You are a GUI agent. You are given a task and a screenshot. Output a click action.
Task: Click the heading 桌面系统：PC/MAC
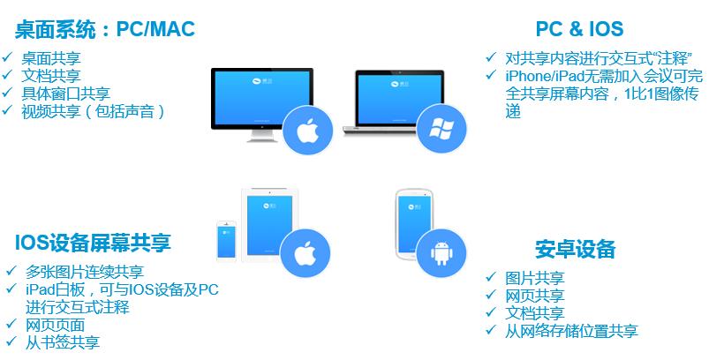[x=104, y=30]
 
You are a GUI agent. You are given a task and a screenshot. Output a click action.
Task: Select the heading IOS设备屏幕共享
[x=93, y=243]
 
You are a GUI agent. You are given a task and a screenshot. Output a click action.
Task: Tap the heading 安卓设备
[x=575, y=248]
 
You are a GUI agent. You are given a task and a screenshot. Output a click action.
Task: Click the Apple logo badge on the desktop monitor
[x=305, y=131]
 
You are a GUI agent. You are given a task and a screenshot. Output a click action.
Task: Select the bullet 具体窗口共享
[x=66, y=94]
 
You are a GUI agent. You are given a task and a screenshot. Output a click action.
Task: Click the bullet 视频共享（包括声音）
[x=93, y=111]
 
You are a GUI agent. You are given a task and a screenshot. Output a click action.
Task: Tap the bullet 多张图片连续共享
[x=85, y=272]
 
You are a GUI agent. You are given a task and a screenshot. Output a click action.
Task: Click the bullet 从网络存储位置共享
[x=572, y=331]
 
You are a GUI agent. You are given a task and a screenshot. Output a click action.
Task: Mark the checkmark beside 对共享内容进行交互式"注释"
[x=491, y=57]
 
